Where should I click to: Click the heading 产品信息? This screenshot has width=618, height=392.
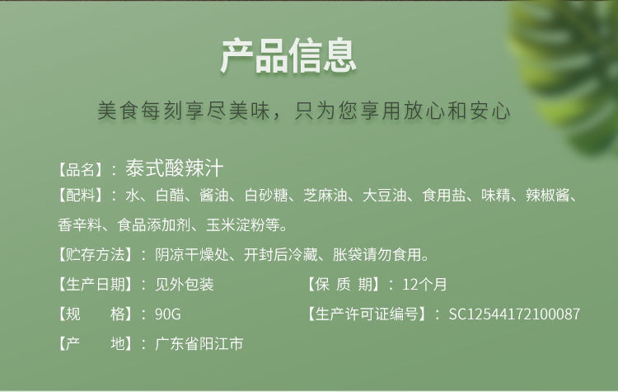288,55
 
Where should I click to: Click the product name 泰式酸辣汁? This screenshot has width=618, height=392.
175,168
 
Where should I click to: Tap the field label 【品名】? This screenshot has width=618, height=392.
81,170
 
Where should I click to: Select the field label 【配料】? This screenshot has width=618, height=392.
81,195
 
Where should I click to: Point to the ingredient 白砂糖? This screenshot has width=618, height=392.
266,196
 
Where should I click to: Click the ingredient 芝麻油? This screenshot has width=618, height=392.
325,196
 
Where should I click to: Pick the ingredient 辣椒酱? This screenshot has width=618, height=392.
547,196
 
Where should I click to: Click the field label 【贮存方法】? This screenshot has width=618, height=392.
96,255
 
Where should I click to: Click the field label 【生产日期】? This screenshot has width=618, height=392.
96,284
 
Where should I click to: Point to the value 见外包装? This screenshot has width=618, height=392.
185,284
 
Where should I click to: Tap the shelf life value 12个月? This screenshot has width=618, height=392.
424,284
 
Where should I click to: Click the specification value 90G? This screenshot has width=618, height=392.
168,314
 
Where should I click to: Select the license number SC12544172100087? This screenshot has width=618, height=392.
514,314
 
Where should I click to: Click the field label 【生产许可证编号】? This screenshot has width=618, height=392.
367,314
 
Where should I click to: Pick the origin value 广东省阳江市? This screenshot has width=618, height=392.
199,344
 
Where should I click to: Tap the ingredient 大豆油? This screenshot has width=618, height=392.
385,196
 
